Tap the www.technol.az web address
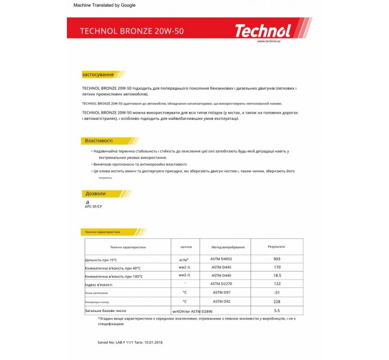click(x=268, y=41)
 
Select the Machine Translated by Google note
click(x=105, y=5)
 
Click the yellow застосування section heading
click(x=98, y=74)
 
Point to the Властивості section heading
click(x=99, y=141)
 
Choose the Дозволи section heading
click(x=96, y=194)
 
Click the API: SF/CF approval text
click(x=93, y=206)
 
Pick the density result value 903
click(x=277, y=259)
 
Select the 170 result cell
click(x=277, y=267)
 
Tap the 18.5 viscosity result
click(x=277, y=275)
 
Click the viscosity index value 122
click(x=277, y=283)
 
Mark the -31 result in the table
click(x=277, y=292)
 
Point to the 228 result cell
click(x=277, y=301)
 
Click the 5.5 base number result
click(x=277, y=310)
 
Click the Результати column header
click(x=276, y=246)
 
